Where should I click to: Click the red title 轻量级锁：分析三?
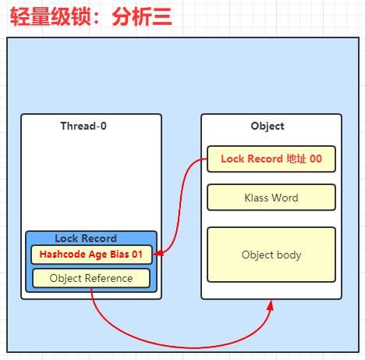[x=91, y=16]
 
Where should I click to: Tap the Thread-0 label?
[x=83, y=126]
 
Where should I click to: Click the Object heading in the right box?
[x=268, y=127]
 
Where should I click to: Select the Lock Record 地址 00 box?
[x=271, y=159]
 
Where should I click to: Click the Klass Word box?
[x=271, y=198]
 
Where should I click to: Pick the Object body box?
[x=271, y=255]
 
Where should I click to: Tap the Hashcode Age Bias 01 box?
[x=91, y=255]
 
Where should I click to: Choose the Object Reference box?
[x=91, y=278]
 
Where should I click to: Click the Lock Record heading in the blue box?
[x=86, y=238]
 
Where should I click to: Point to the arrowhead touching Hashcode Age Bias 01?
[x=158, y=253]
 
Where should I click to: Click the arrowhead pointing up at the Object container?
[x=271, y=305]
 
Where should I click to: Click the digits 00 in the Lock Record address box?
[x=316, y=159]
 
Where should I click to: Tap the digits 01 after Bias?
[x=137, y=255]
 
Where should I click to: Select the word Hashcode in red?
[x=62, y=255]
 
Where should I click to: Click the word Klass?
[x=257, y=198]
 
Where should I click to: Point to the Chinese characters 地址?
[x=296, y=159]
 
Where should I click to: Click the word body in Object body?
[x=289, y=255]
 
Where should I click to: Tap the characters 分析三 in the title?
[x=142, y=16]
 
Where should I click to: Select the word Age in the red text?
[x=97, y=255]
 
